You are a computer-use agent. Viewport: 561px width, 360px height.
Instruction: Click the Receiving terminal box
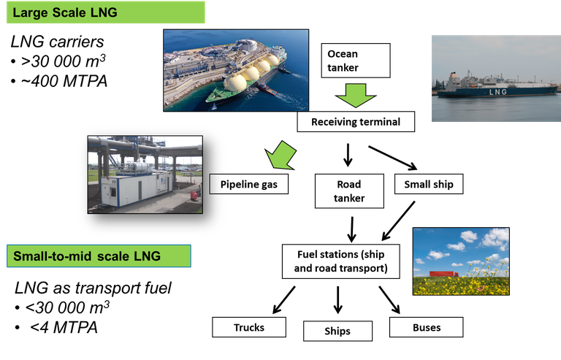356,121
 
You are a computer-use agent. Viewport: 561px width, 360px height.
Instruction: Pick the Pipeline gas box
248,184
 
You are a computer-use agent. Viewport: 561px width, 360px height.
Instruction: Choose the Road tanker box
349,191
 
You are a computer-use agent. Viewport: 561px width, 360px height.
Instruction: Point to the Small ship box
429,184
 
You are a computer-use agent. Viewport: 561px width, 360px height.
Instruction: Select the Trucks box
248,327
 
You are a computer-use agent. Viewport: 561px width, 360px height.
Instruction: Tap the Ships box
337,331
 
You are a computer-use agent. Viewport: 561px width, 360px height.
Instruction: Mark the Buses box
427,327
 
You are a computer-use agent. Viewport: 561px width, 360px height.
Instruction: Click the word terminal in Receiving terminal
377,121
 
